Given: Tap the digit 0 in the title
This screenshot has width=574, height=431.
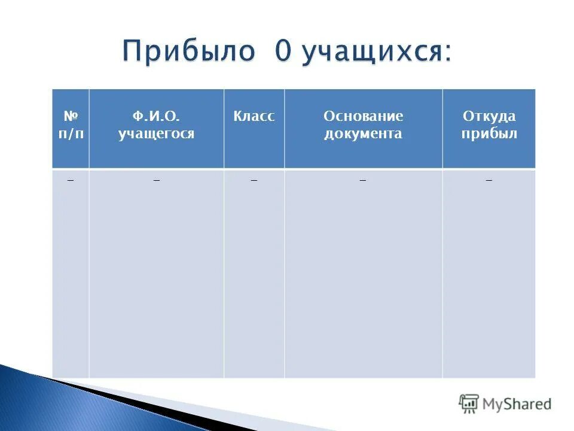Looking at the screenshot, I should [283, 52].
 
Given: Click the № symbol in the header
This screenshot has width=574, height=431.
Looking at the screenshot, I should [70, 116].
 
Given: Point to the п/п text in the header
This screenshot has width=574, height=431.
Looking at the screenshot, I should [70, 133].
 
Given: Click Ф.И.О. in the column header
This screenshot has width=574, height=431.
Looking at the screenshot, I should [156, 116].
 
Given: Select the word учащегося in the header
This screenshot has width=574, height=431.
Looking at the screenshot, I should [156, 133].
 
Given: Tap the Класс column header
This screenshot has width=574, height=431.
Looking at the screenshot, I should [254, 116].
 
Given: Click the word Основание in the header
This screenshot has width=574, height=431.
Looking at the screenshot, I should [363, 116].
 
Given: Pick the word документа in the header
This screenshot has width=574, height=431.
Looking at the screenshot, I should [363, 133].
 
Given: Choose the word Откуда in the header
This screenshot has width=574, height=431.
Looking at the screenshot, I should [488, 116].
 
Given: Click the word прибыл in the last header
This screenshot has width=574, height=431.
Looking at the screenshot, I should [488, 133].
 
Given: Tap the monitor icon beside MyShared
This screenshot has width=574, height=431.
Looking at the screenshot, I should [469, 404].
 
